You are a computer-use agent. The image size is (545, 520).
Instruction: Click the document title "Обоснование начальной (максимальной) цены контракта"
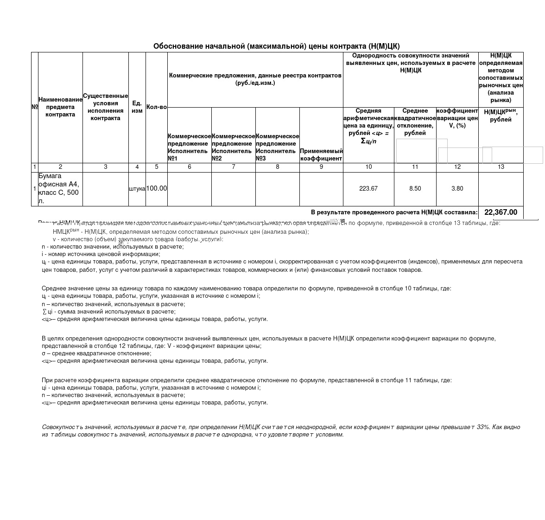tap(276, 46)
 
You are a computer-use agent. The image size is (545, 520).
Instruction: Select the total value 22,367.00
tap(501, 212)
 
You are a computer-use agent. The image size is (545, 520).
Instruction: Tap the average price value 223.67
tap(368, 188)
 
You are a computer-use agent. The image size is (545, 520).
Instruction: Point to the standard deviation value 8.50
tap(415, 188)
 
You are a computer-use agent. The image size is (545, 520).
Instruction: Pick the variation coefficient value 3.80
tap(457, 188)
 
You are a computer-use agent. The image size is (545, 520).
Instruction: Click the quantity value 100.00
tap(157, 188)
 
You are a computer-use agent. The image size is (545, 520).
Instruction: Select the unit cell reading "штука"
tap(137, 189)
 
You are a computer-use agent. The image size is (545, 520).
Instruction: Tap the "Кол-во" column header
tap(157, 107)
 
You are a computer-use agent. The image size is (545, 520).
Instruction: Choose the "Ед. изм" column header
tap(137, 107)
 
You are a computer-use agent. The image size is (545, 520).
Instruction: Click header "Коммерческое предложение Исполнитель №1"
tap(189, 147)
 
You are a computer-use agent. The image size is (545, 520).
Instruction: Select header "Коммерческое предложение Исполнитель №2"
tap(233, 147)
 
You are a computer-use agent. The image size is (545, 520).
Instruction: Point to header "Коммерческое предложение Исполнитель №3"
tap(277, 147)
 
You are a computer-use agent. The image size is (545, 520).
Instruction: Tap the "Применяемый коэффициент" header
tap(321, 154)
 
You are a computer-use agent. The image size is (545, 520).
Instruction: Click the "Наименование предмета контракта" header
tap(60, 107)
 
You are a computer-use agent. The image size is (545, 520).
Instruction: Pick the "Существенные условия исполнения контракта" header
tap(106, 107)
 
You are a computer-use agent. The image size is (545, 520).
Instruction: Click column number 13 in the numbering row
tap(501, 167)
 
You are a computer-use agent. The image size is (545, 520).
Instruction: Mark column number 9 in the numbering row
tap(321, 167)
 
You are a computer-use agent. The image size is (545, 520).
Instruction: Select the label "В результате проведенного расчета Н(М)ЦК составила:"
tap(394, 212)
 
